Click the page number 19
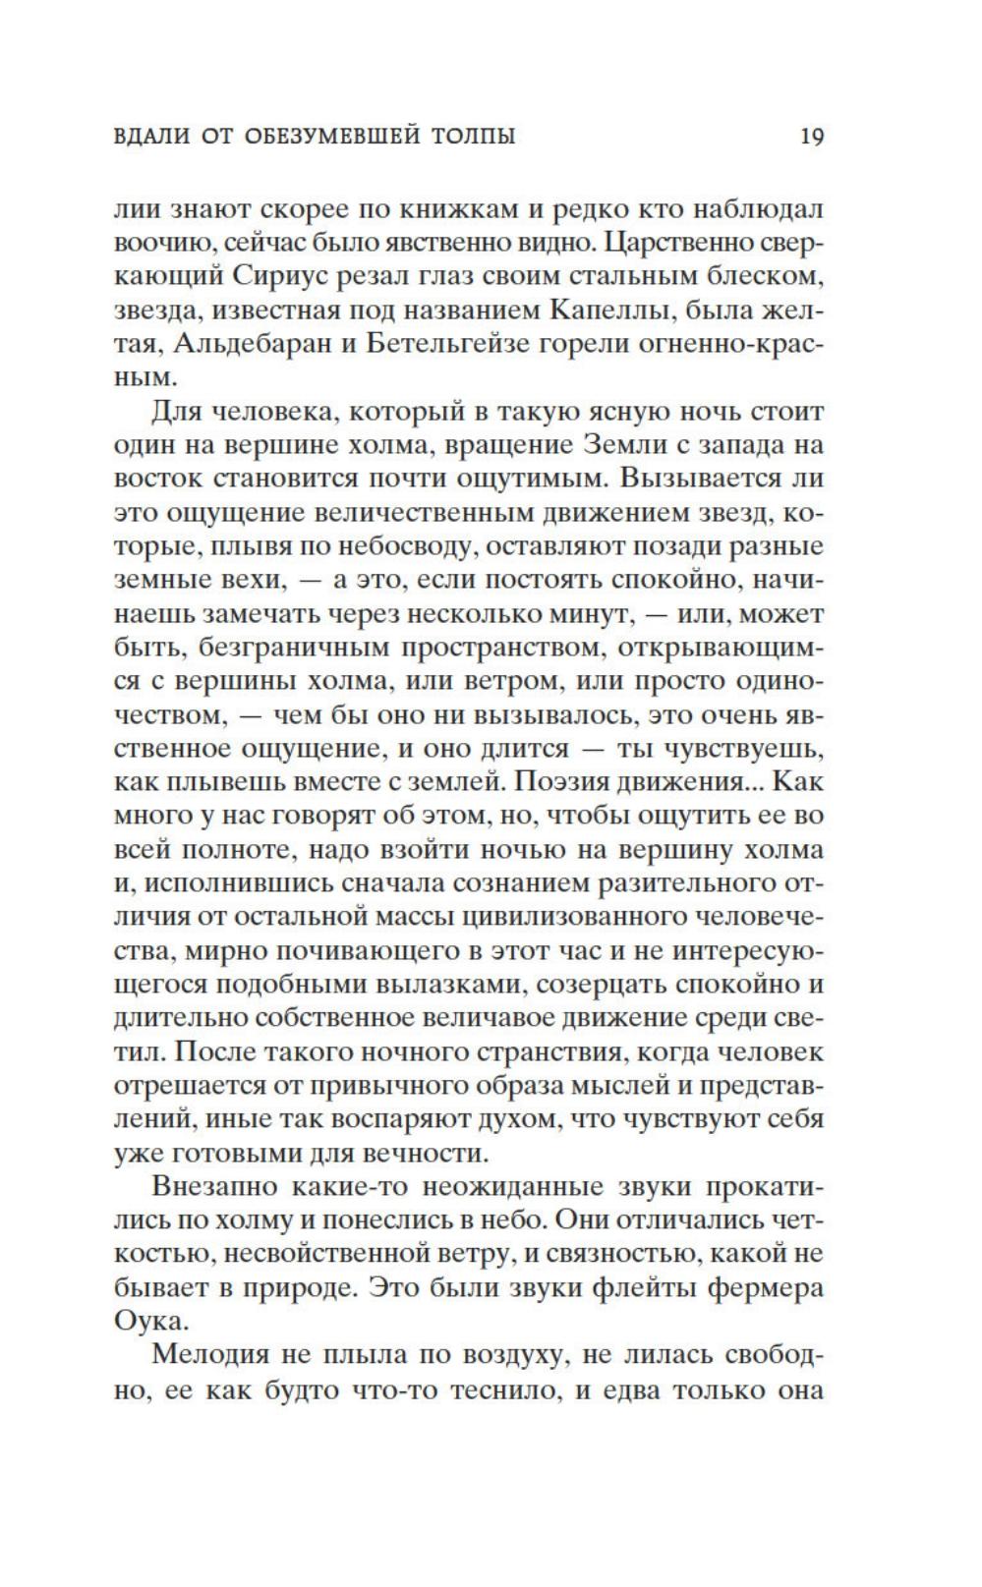click(x=811, y=136)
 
